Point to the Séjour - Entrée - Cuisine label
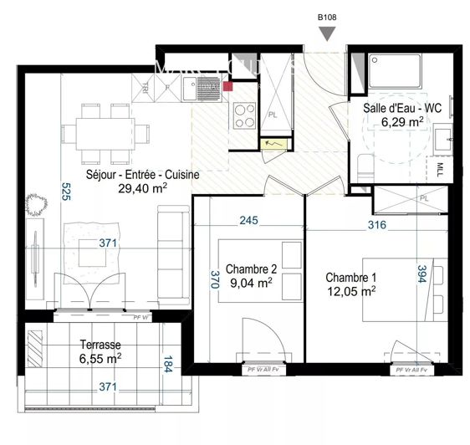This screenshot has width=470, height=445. click(x=142, y=175)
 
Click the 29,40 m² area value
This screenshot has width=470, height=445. click(x=142, y=188)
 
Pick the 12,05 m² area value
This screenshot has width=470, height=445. click(x=350, y=291)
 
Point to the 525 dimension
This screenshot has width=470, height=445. click(x=65, y=194)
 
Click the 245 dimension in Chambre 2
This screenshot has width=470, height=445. click(x=248, y=222)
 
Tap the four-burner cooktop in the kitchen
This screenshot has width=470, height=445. click(x=244, y=115)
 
